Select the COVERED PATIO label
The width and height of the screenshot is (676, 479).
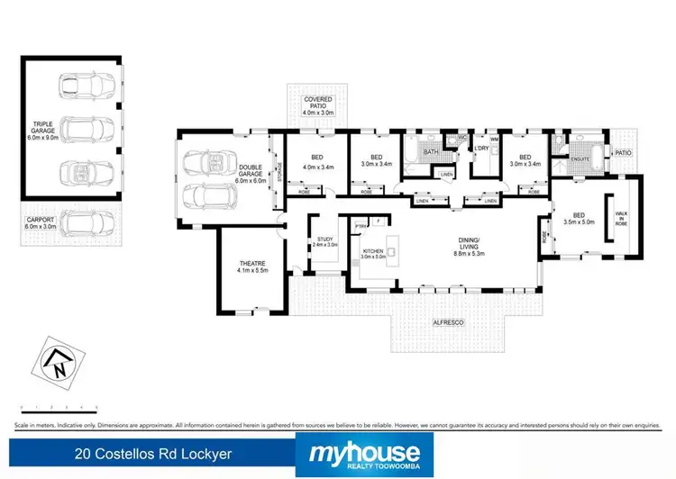pos(319,104)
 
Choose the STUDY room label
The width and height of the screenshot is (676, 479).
pos(324,240)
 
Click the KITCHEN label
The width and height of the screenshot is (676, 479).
pos(372,253)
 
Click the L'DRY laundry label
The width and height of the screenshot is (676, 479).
pos(482,149)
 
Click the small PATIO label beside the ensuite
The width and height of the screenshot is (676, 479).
pos(623,153)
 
